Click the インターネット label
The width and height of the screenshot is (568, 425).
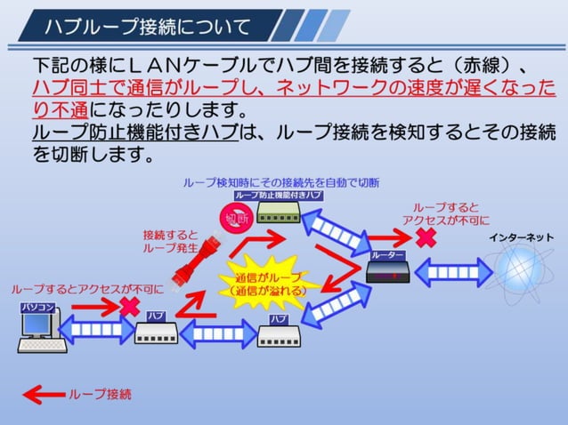pos(520,237)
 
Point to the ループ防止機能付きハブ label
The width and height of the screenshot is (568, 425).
pos(278,194)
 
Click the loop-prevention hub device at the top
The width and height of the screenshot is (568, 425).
pos(279,212)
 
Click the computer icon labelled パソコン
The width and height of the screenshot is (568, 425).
pos(39,331)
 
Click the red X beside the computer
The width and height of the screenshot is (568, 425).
pos(130,306)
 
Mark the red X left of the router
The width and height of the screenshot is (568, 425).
pos(427,237)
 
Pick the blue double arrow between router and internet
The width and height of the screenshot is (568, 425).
pos(450,270)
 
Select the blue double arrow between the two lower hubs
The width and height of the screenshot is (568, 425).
pos(218,335)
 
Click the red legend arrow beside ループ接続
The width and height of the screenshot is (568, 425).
pos(44,393)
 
